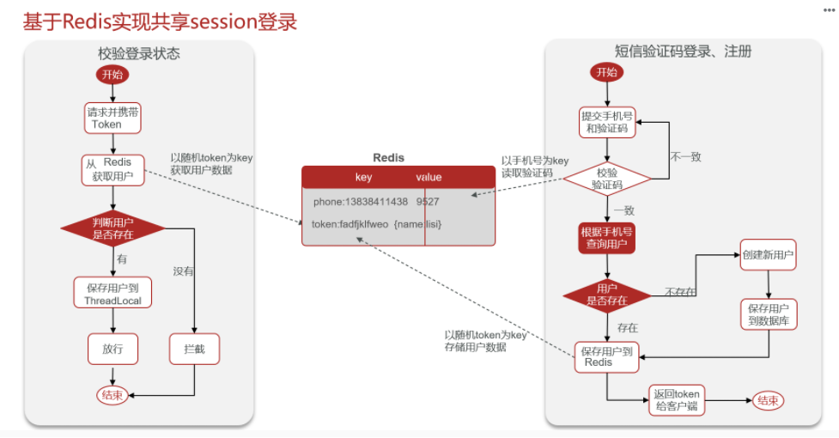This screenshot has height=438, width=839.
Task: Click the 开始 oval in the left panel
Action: click(x=112, y=75)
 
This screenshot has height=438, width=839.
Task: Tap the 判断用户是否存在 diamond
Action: click(x=112, y=228)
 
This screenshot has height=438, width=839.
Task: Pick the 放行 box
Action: click(x=112, y=349)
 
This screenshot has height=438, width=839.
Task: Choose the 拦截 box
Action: click(x=195, y=349)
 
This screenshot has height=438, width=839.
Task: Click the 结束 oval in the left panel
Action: click(x=112, y=395)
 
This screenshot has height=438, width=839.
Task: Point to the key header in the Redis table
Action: click(x=363, y=177)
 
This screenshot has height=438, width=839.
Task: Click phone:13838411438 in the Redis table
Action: click(x=360, y=202)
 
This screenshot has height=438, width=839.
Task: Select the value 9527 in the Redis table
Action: click(x=428, y=202)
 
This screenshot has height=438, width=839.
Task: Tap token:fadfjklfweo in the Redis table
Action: click(x=350, y=224)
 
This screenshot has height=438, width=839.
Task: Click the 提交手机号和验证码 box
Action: click(x=607, y=122)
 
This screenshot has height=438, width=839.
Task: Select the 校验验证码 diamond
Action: click(x=607, y=179)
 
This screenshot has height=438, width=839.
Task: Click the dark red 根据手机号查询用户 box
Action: click(x=607, y=238)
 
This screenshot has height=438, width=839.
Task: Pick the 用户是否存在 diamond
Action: click(x=607, y=295)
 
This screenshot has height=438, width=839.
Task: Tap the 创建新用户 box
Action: click(x=767, y=255)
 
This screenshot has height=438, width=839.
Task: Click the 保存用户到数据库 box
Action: click(x=769, y=313)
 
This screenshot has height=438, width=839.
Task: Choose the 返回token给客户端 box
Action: click(x=676, y=399)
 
